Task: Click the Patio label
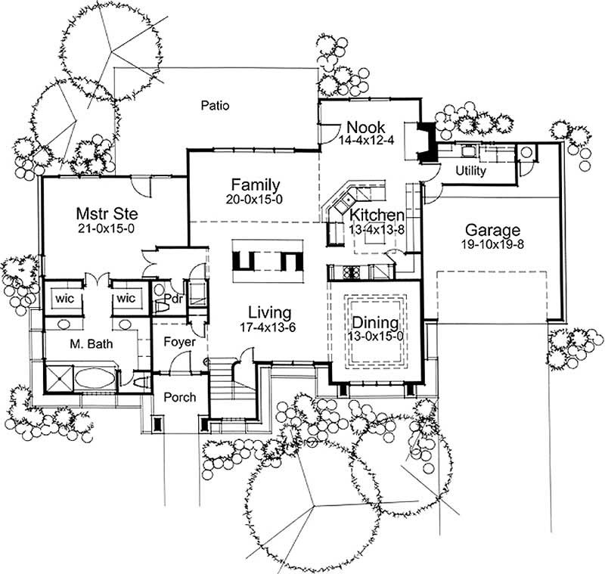(215, 106)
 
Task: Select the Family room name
(256, 185)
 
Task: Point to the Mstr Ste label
(105, 212)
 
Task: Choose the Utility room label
(470, 171)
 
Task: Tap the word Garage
(492, 230)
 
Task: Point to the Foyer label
(179, 343)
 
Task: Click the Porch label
(179, 397)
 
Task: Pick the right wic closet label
(125, 298)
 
